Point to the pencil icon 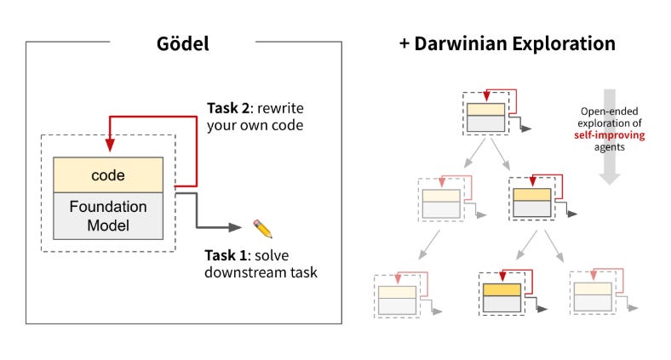pos(262,228)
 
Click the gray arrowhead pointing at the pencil pos(233,228)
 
